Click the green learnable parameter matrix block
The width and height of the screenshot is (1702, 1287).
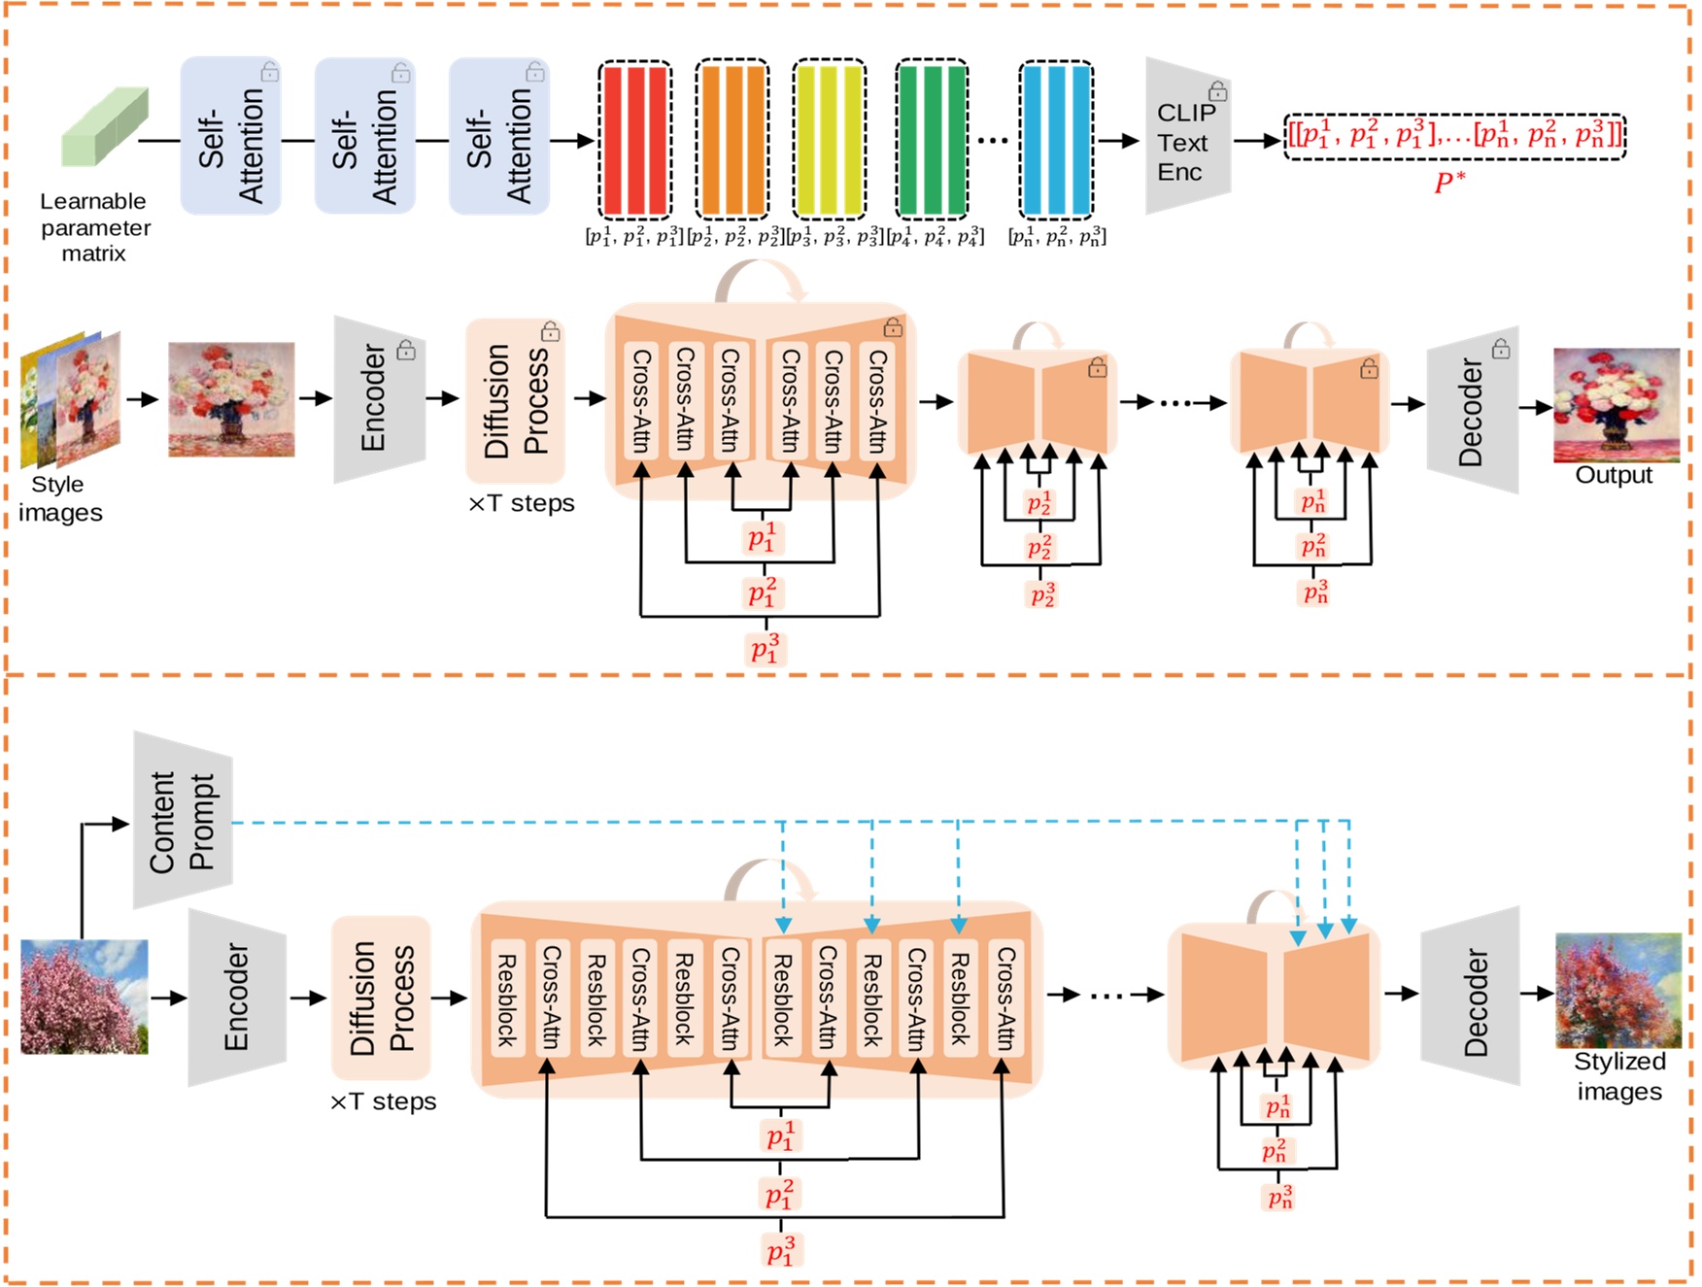click(104, 127)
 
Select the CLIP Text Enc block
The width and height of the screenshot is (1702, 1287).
click(1186, 142)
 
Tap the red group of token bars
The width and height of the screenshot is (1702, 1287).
click(634, 140)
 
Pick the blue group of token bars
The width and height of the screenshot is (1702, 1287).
click(1056, 140)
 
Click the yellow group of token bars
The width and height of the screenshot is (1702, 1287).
click(829, 140)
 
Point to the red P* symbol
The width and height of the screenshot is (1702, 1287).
click(1448, 182)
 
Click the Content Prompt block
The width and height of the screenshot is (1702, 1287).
click(182, 822)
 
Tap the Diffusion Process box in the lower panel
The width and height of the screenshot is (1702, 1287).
click(381, 998)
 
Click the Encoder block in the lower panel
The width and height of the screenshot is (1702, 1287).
click(236, 998)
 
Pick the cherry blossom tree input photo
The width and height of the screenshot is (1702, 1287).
click(85, 997)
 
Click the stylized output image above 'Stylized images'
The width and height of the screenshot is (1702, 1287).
click(1617, 990)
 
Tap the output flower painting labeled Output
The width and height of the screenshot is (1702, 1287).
click(1616, 404)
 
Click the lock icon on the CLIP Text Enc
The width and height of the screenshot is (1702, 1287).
click(1217, 91)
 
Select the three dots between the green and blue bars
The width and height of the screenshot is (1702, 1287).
click(992, 141)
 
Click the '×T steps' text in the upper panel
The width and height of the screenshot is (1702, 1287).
click(522, 503)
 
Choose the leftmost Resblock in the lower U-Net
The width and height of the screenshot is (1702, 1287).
click(507, 999)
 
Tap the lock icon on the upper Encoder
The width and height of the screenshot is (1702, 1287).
click(406, 350)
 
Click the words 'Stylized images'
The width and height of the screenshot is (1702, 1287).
click(1618, 1076)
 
